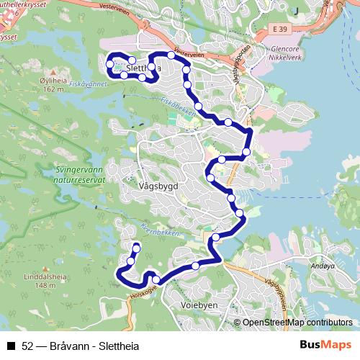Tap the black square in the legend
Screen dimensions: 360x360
tap(11, 344)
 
